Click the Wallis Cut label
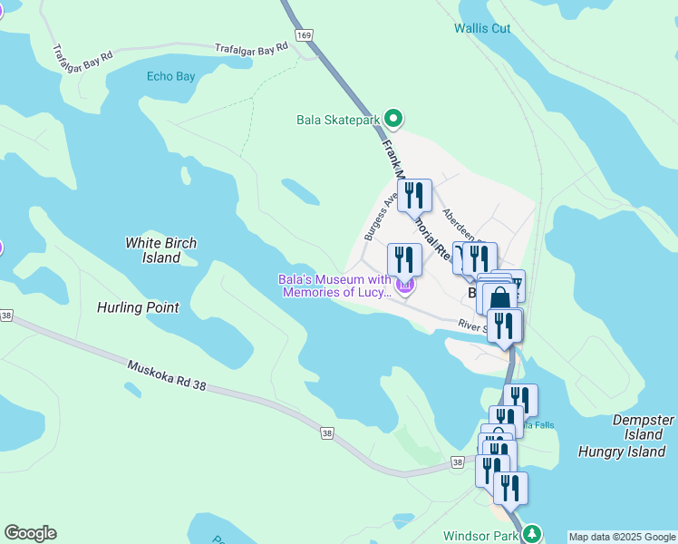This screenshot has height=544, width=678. coord(482,28)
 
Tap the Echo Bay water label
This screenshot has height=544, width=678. coord(170,76)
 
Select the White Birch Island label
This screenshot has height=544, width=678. coord(160,250)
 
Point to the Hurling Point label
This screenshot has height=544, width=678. coord(138,307)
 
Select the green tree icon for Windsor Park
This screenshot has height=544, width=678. coord(535,534)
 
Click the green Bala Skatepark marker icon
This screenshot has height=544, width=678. coord(393,119)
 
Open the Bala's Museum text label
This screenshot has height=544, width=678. coord(334,286)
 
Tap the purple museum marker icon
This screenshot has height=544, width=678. coord(405,288)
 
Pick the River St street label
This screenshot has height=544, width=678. coord(472,325)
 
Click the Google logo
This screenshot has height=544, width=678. coord(30,533)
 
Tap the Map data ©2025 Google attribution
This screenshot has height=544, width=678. coord(622,537)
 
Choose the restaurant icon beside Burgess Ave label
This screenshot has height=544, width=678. coord(414,195)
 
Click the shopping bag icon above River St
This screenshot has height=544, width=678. coord(499,297)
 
